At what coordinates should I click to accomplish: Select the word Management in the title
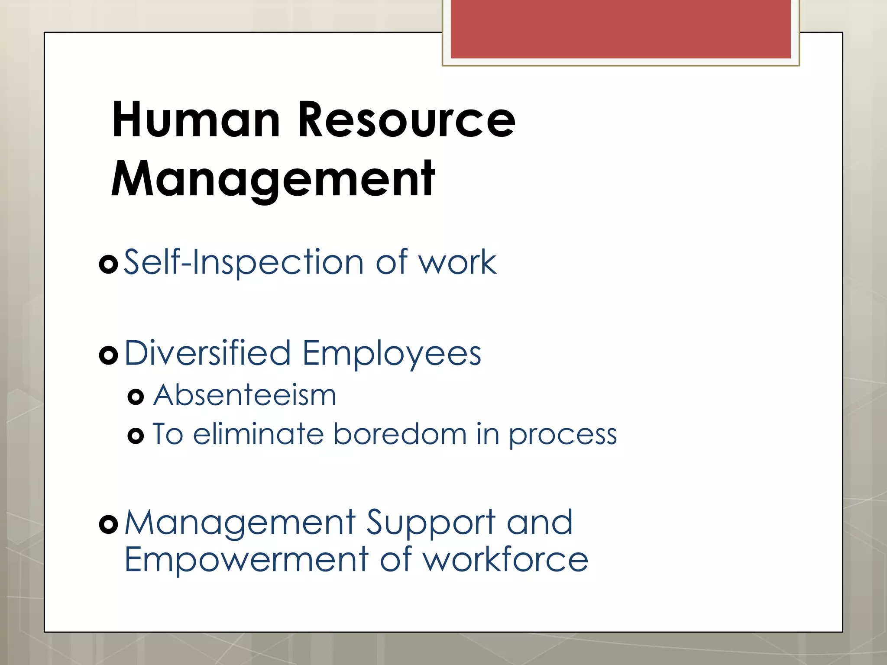tap(273, 179)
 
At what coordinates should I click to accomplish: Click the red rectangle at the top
tap(621, 29)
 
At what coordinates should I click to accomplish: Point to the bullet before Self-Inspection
tap(108, 264)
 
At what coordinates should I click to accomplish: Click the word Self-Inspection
tap(243, 262)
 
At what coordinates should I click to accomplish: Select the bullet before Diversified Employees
tap(108, 355)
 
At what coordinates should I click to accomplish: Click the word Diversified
tap(207, 353)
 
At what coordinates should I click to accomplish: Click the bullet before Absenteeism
tap(136, 397)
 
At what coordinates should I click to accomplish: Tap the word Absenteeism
tap(245, 395)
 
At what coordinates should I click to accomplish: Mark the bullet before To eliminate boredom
tap(136, 435)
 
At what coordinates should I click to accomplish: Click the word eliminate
tap(258, 434)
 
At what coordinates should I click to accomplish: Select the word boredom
tap(400, 434)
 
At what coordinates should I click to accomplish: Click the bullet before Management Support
tap(108, 525)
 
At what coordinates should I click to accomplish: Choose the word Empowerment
tap(246, 559)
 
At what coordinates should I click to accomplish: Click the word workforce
tap(505, 559)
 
